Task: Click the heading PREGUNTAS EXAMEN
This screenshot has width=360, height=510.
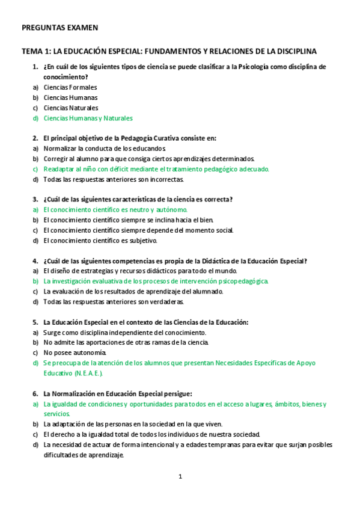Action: tap(59, 28)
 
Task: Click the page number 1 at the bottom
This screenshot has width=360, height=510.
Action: tap(180, 476)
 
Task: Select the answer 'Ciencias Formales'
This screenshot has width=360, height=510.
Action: tap(70, 87)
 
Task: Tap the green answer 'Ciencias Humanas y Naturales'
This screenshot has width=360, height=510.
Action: tap(88, 118)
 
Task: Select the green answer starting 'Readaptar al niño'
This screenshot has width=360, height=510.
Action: tap(156, 169)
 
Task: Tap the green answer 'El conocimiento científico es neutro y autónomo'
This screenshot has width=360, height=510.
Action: tap(115, 210)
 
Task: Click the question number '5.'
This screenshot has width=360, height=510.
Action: tap(35, 322)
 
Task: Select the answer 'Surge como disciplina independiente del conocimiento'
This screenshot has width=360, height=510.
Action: tap(124, 332)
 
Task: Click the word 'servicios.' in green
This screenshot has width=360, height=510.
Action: tap(56, 414)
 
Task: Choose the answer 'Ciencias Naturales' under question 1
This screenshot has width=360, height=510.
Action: tap(71, 108)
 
